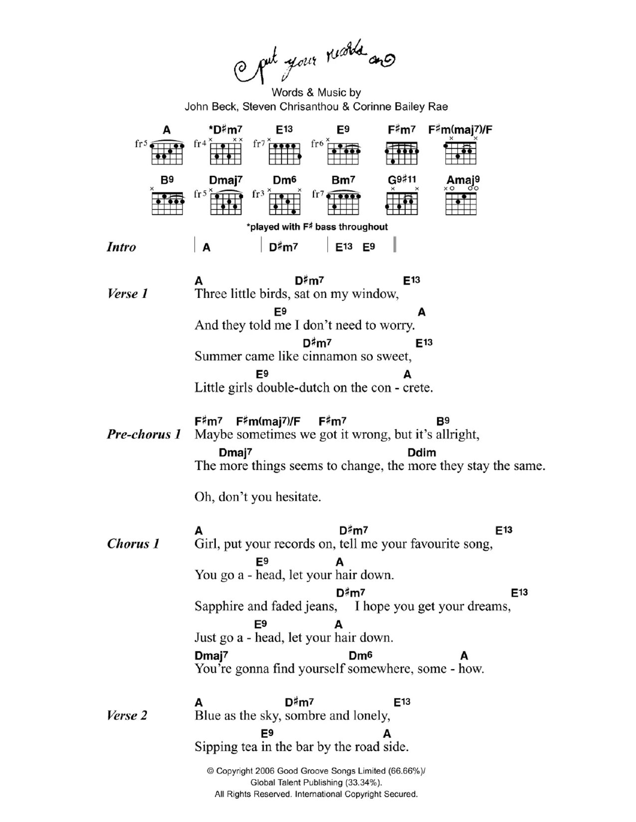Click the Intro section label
(x=121, y=247)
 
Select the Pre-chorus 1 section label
(x=144, y=434)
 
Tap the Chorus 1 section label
(x=133, y=544)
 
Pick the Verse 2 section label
(x=127, y=716)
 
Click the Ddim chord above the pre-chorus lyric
(x=421, y=453)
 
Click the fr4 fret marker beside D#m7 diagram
(x=200, y=144)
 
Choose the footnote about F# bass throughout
(x=317, y=227)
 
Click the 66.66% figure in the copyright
(x=406, y=771)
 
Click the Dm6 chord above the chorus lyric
(x=360, y=656)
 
